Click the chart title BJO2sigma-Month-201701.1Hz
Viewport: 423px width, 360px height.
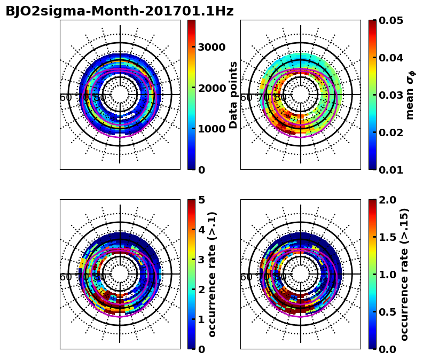point(119,11)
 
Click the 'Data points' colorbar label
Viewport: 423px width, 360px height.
point(233,95)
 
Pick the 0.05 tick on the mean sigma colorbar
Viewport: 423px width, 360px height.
point(391,20)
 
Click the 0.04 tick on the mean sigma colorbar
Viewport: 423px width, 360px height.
point(391,58)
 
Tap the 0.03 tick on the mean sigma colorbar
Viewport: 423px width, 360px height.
point(391,95)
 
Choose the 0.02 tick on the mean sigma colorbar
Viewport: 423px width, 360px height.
point(391,132)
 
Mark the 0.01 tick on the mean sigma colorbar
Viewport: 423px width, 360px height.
point(391,170)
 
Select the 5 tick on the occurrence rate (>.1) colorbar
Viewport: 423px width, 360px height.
point(202,200)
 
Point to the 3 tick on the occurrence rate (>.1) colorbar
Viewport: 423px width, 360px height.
point(202,260)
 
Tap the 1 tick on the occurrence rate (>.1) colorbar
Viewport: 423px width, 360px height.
point(202,319)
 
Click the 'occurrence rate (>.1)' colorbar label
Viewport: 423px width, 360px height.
point(213,274)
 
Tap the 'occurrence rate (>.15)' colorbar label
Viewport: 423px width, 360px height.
point(404,274)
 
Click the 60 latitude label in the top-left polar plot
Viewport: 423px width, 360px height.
point(66,98)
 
